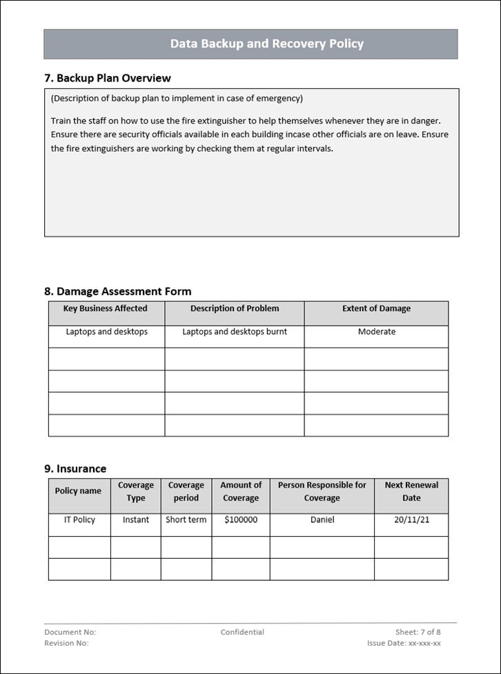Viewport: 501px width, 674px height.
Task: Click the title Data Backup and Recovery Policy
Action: point(266,44)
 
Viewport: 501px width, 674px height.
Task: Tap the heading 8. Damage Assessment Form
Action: point(117,291)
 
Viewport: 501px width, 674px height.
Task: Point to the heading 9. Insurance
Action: point(75,469)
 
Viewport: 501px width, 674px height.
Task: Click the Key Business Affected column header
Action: point(106,309)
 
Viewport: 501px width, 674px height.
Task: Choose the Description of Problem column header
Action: point(235,309)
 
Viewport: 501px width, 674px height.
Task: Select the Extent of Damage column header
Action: point(376,309)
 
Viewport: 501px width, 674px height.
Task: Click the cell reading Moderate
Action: point(377,332)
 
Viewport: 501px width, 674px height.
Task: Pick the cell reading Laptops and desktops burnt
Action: point(235,332)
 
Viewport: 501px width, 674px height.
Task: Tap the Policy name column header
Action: point(78,491)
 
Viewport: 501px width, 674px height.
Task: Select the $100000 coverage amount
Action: point(241,520)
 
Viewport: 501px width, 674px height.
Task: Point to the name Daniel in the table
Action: point(322,520)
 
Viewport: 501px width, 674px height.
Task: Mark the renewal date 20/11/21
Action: point(412,520)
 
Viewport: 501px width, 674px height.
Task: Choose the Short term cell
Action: point(186,520)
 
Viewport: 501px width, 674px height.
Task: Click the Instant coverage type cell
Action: point(136,520)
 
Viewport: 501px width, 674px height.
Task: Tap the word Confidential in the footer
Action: point(242,632)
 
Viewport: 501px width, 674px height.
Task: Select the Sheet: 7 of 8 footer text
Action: point(418,632)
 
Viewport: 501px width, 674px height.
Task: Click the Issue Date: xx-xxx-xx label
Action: point(404,643)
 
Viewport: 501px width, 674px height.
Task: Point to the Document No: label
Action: point(70,632)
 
